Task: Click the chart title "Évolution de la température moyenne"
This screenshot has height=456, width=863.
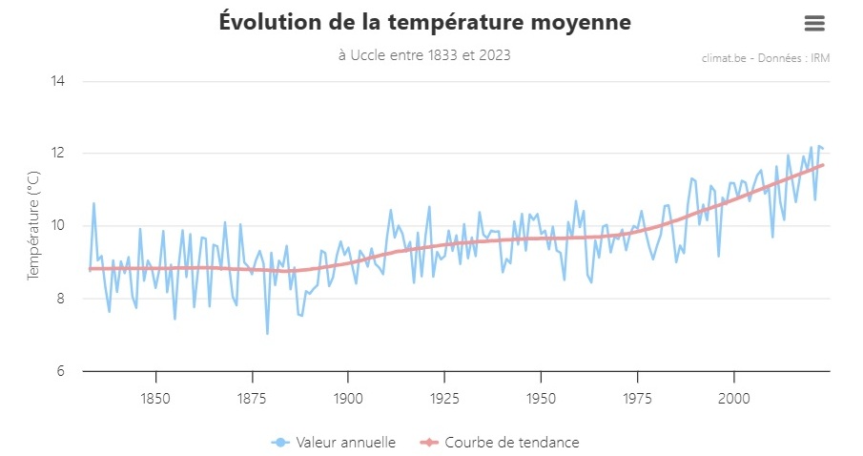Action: [424, 22]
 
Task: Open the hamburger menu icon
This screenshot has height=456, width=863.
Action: [813, 23]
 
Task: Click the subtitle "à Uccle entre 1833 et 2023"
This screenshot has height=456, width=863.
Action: [424, 55]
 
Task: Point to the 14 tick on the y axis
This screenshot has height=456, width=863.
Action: [57, 81]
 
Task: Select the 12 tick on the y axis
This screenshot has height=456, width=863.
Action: [57, 154]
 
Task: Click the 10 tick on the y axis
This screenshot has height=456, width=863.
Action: [57, 226]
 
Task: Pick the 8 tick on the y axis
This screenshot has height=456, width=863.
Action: [59, 299]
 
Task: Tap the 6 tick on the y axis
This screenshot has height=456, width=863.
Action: [59, 371]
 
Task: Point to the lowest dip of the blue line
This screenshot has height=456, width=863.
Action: [267, 333]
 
